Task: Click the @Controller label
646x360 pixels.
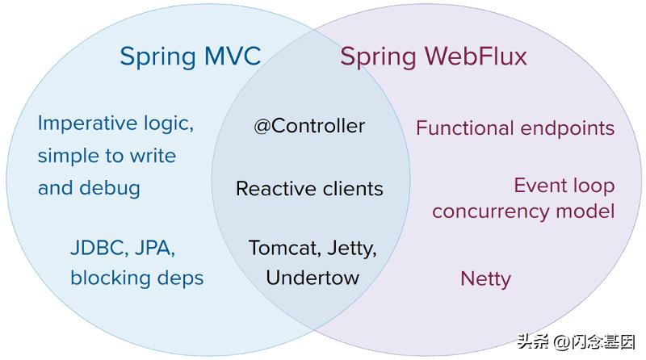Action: [x=309, y=126]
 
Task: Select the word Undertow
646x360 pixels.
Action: [x=313, y=278]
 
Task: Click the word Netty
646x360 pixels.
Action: [x=485, y=279]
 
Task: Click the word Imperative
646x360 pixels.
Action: [x=88, y=123]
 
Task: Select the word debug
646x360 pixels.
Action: [x=111, y=188]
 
